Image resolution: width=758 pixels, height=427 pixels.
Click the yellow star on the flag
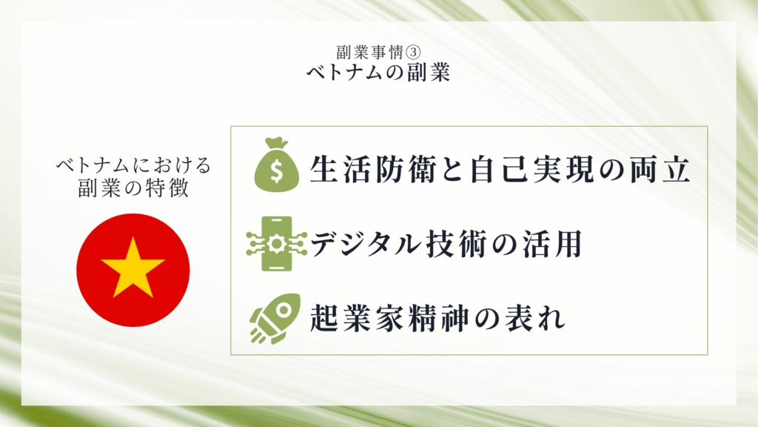point(133,268)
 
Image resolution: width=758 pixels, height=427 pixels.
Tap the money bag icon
point(277,165)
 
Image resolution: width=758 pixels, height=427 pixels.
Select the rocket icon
point(275,319)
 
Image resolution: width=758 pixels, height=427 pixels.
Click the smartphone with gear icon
point(277,243)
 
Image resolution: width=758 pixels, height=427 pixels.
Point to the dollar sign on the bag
point(277,171)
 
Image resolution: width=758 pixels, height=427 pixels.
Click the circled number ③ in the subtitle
point(412,52)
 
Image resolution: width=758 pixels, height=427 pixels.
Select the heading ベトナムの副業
point(378,72)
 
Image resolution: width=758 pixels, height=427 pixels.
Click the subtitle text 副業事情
point(370,52)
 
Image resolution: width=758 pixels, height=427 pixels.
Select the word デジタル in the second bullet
point(366,243)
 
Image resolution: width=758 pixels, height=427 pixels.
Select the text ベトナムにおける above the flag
point(133,165)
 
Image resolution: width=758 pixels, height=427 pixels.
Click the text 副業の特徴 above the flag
point(133,188)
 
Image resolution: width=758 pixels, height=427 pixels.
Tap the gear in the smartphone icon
point(277,243)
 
